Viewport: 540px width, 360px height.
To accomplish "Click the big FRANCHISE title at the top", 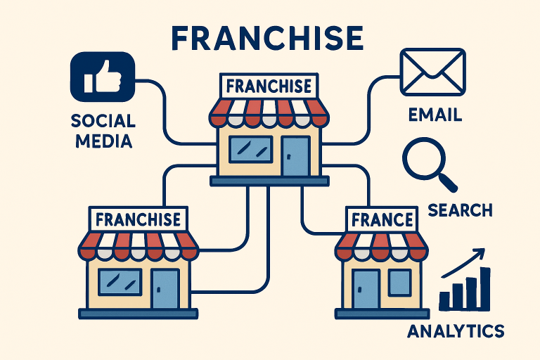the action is [x=268, y=38].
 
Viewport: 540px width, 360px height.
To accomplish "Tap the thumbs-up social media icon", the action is [x=102, y=77].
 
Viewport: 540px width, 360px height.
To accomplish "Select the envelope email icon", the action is [x=433, y=72].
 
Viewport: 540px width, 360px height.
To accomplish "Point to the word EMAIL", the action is [x=435, y=115].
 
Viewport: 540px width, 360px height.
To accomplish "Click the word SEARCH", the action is [x=460, y=210].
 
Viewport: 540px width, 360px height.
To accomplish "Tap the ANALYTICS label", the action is [x=456, y=331].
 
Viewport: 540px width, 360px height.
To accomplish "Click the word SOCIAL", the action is [x=103, y=121].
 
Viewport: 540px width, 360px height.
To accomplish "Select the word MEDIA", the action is [x=103, y=141].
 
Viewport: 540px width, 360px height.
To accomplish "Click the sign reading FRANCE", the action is [x=382, y=220].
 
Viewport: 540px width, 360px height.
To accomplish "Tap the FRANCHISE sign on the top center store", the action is [x=269, y=86].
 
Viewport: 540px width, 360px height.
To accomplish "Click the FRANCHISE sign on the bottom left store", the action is [x=138, y=219].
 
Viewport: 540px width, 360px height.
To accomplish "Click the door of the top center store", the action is [x=296, y=156].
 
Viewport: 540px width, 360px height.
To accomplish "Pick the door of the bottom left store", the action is [x=166, y=289].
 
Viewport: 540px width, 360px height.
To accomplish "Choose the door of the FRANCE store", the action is [x=366, y=289].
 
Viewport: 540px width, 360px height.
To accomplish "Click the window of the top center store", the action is [x=251, y=149].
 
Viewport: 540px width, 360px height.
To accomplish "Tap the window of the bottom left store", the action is [x=120, y=282].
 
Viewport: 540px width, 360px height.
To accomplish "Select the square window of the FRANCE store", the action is [x=400, y=283].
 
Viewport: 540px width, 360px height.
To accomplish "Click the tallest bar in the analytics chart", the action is [x=485, y=289].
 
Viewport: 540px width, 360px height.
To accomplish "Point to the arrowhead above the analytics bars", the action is [x=480, y=253].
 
